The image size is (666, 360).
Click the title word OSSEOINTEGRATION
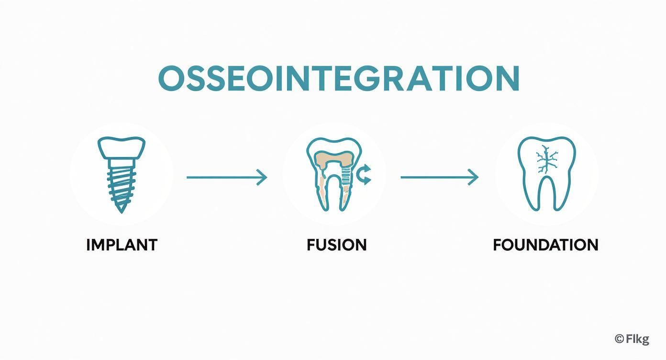[338, 79]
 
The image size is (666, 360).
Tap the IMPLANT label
[122, 245]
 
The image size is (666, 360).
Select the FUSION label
[336, 245]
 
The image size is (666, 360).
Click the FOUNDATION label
[545, 245]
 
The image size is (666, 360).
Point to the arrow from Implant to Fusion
[225, 178]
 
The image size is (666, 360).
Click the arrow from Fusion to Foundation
[438, 178]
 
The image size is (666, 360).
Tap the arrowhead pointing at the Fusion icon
[262, 178]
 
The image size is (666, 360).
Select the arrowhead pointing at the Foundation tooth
[474, 178]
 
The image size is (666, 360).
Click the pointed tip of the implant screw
[122, 209]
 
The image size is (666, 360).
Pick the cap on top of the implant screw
[122, 147]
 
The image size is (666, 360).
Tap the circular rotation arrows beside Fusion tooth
[364, 175]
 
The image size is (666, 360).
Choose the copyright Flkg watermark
[632, 339]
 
